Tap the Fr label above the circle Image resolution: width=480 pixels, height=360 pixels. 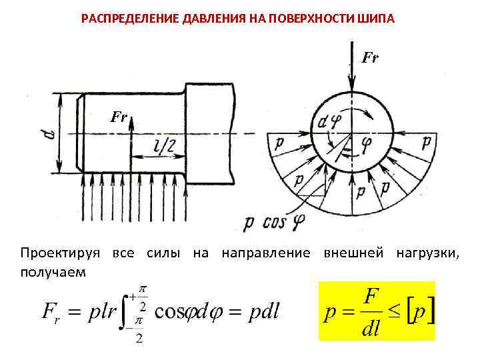[371, 59]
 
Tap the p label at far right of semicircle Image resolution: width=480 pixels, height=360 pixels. [426, 142]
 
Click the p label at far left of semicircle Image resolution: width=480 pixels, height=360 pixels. [277, 142]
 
